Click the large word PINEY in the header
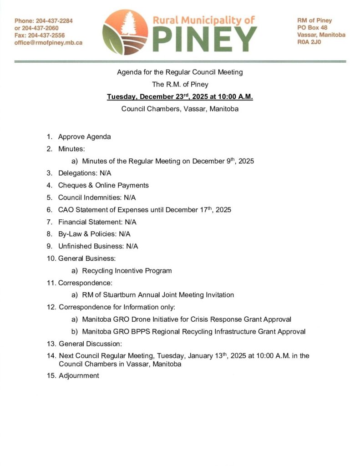(204, 40)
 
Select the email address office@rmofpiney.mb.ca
(48, 42)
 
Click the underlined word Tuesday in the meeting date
(122, 97)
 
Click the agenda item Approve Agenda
(84, 137)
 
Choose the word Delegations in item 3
(75, 173)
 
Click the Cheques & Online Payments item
(103, 185)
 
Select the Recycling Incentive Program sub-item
(127, 271)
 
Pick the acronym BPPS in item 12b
(142, 331)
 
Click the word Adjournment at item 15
(79, 376)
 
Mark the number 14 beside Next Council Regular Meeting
(51, 356)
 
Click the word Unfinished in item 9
(74, 246)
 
